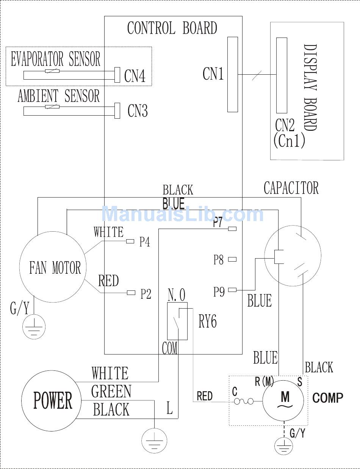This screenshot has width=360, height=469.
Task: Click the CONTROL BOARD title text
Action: point(172,28)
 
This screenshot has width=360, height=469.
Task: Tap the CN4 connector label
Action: point(135,75)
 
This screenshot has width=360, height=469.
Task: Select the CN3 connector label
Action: point(138,110)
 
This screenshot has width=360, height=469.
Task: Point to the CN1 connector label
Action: point(213,74)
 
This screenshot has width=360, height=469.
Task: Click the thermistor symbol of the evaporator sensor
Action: point(52,71)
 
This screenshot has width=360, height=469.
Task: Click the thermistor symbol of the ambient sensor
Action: point(52,107)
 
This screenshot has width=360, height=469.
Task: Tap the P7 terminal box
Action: point(232,229)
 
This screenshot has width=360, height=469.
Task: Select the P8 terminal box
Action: point(232,259)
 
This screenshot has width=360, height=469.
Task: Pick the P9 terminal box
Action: point(232,290)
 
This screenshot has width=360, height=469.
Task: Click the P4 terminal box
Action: point(130,241)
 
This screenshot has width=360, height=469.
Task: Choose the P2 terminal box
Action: point(131,293)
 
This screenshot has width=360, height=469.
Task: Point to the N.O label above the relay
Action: point(177,295)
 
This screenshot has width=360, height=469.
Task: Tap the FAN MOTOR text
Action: point(55,268)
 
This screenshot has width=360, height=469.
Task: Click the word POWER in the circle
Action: point(53,400)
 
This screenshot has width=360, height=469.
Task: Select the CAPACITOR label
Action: point(291,188)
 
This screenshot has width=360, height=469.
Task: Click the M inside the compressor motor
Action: point(285,397)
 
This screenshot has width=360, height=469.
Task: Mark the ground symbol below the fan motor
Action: point(34,327)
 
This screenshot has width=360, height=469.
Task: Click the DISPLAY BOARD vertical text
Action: point(310,88)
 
